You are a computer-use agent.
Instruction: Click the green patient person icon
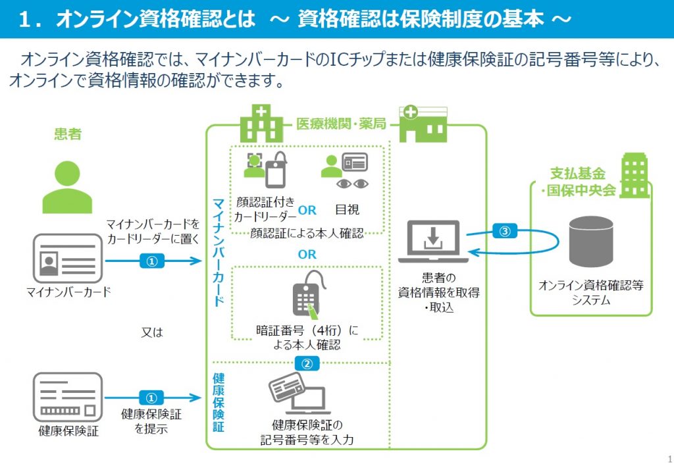tap(67, 187)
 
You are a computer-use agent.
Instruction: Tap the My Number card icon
tap(68, 259)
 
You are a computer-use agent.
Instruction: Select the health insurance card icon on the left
tap(68, 397)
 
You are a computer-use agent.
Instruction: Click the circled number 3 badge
tap(505, 231)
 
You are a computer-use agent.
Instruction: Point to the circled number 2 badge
tap(307, 364)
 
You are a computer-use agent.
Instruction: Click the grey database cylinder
tap(591, 242)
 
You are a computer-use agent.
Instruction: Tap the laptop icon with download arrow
tap(433, 241)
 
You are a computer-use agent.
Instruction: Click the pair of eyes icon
tap(353, 184)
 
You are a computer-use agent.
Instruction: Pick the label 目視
tap(347, 209)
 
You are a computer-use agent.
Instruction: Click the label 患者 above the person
tap(68, 134)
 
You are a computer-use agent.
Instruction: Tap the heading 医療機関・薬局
tap(341, 124)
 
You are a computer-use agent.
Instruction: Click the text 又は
tap(152, 332)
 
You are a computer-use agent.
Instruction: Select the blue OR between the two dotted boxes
tap(307, 255)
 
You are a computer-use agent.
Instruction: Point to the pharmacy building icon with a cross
tap(423, 124)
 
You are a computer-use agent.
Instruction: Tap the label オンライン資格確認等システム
tap(591, 292)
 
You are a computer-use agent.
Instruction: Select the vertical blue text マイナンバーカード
tap(219, 252)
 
